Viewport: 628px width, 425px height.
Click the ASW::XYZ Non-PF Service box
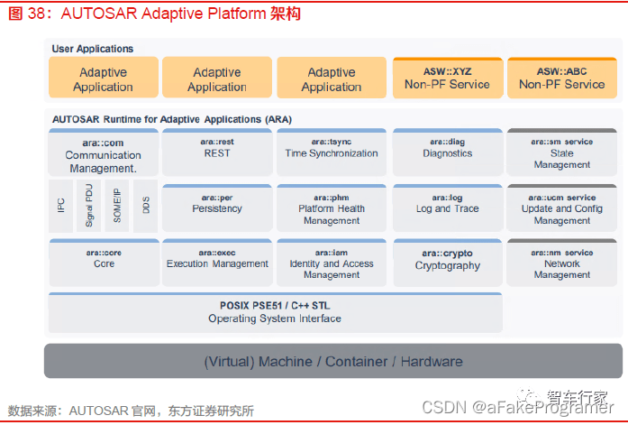click(x=447, y=78)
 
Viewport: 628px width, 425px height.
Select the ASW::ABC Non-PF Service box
click(x=562, y=78)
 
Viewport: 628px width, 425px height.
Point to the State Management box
click(x=562, y=153)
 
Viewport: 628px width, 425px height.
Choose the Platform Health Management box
click(x=332, y=208)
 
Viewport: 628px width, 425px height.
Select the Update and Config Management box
click(x=562, y=208)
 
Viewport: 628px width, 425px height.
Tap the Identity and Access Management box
click(x=332, y=263)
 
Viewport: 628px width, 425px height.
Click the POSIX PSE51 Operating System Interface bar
click(x=275, y=312)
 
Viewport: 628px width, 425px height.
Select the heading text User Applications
click(x=93, y=49)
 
